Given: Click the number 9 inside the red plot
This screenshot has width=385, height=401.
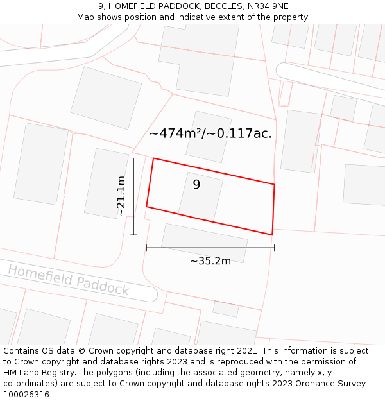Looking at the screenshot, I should (196, 185).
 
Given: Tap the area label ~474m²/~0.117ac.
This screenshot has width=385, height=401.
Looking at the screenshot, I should (210, 133).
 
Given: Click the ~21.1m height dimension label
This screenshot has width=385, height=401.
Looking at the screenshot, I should (121, 196).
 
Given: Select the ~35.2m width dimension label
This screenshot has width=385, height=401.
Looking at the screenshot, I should (210, 261).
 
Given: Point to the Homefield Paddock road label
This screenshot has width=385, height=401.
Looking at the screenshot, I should (68, 280).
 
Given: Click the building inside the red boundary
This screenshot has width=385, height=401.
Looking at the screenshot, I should (201, 195).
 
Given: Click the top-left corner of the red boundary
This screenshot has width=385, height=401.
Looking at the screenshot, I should (153, 158).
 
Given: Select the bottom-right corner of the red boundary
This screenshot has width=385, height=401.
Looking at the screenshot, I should (272, 235).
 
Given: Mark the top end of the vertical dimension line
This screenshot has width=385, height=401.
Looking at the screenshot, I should (134, 158).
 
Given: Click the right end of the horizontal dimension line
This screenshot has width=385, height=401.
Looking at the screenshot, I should (274, 248).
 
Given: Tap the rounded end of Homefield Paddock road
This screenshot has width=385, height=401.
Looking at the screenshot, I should (151, 294).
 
